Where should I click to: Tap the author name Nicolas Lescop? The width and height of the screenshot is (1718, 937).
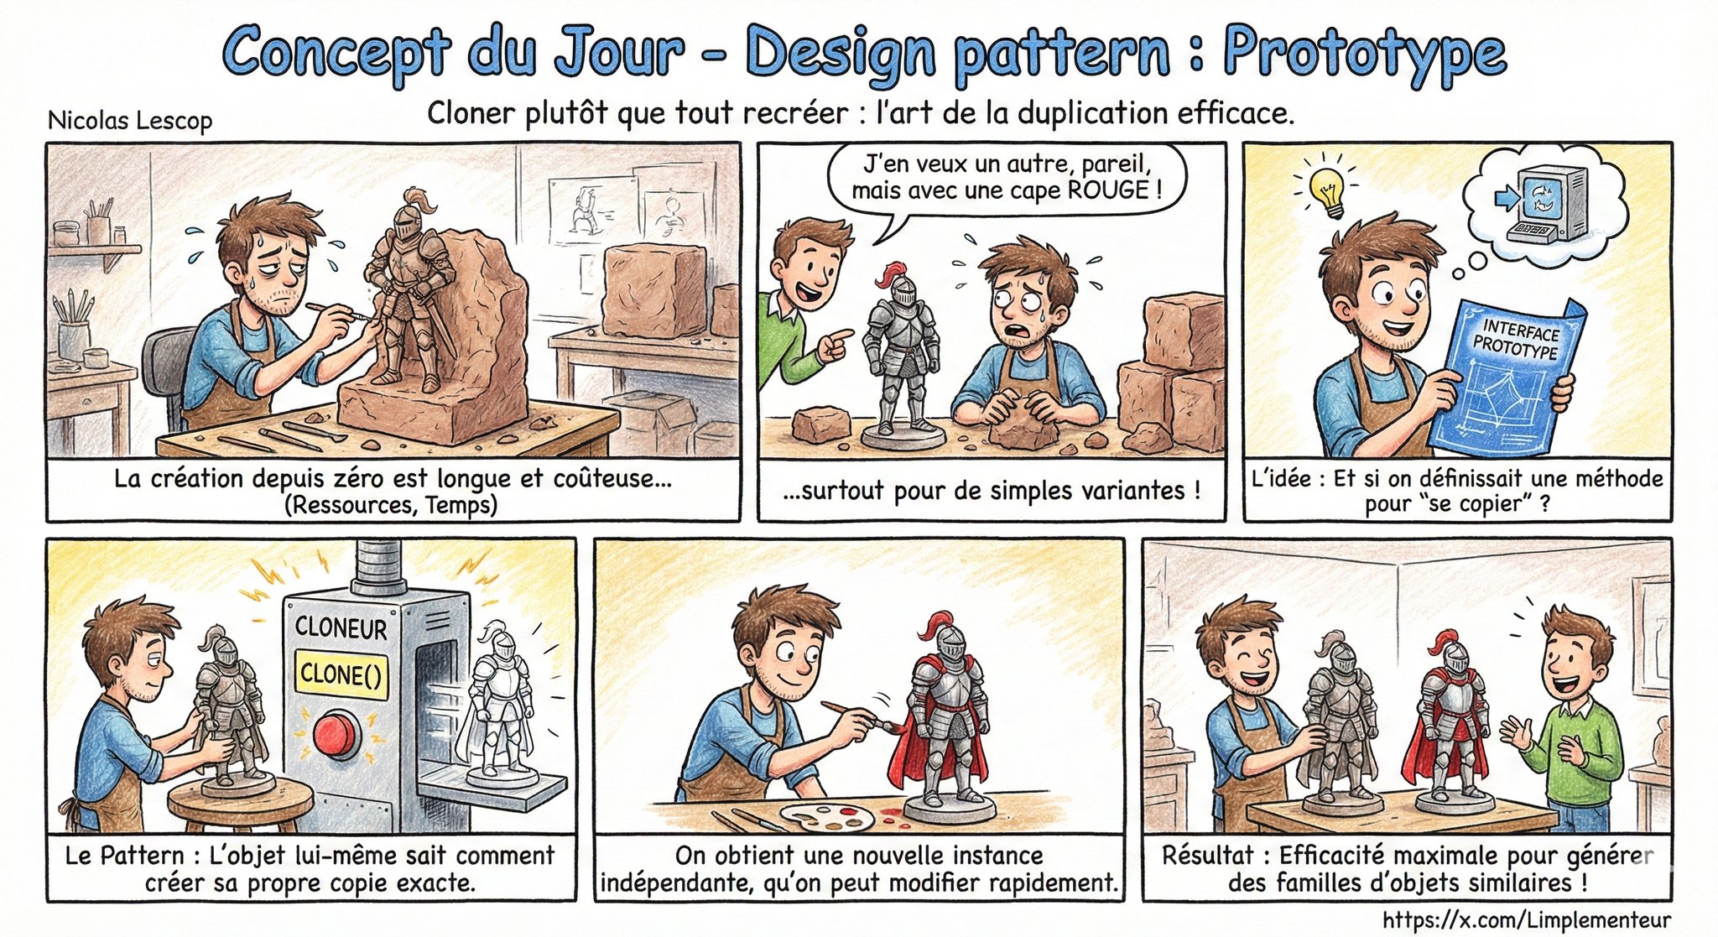pyautogui.click(x=130, y=121)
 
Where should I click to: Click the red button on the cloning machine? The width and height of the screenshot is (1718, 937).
pyautogui.click(x=336, y=734)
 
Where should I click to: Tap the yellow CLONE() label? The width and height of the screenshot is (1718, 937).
pyautogui.click(x=341, y=674)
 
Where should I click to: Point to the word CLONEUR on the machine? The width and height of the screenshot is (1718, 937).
pyautogui.click(x=341, y=627)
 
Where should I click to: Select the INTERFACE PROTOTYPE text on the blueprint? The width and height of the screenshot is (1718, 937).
pyautogui.click(x=1517, y=338)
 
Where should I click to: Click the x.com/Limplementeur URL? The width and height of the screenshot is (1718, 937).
pyautogui.click(x=1526, y=919)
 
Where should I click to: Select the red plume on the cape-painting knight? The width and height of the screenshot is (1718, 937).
pyautogui.click(x=933, y=629)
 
